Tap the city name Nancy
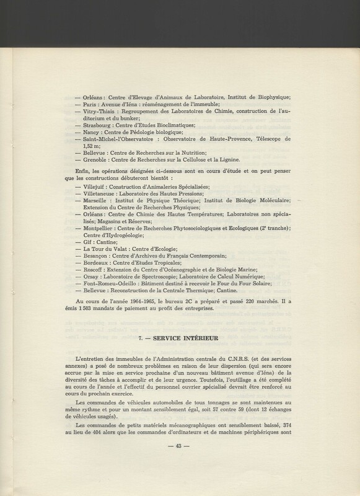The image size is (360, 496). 92,132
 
